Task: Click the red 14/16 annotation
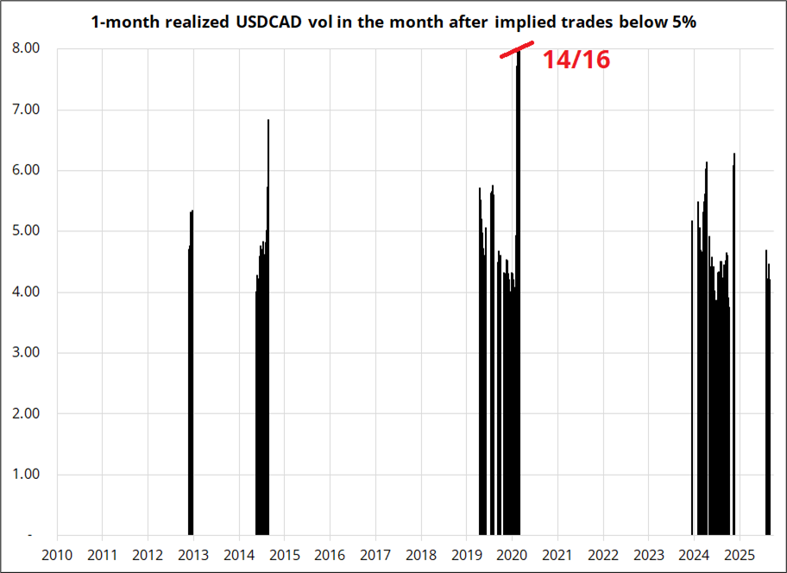(x=576, y=59)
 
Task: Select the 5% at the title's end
(x=683, y=22)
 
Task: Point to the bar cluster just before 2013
(x=191, y=380)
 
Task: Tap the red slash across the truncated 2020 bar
(x=518, y=51)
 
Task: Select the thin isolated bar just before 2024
(x=692, y=380)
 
